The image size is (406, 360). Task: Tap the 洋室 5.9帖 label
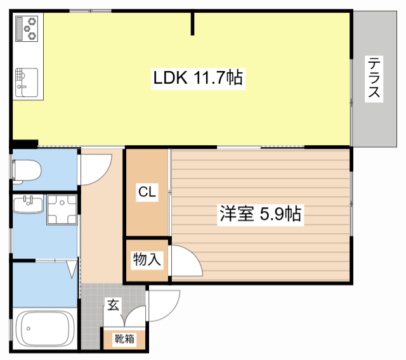tap(259, 214)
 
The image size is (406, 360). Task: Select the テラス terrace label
tap(374, 79)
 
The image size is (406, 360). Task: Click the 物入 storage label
tap(147, 259)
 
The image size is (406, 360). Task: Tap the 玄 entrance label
tap(112, 305)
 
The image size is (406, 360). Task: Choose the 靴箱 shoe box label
tap(124, 339)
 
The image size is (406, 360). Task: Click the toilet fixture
tap(26, 170)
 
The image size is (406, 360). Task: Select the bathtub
tap(44, 328)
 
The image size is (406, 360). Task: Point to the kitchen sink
tap(27, 81)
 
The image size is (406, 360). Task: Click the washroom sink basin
tap(28, 205)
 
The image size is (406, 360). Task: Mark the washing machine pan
tap(62, 210)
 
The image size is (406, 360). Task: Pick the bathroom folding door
tap(72, 269)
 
